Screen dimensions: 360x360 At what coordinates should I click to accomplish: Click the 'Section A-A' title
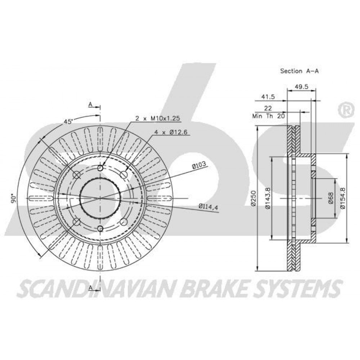[x=300, y=71]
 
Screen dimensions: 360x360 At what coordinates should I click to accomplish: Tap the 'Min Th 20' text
[x=269, y=116]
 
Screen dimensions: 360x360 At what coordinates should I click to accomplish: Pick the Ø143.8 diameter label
[x=268, y=198]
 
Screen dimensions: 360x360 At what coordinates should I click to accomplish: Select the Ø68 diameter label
[x=330, y=198]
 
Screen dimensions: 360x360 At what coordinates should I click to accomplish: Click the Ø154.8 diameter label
[x=343, y=198]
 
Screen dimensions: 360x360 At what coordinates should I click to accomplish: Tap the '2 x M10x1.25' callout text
[x=158, y=118]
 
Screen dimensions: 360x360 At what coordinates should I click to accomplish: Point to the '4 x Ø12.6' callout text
[x=171, y=132]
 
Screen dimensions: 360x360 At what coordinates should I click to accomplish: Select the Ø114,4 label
[x=208, y=207]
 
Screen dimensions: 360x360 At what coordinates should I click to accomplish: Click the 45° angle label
[x=68, y=122]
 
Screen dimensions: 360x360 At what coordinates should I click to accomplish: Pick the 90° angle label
[x=14, y=199]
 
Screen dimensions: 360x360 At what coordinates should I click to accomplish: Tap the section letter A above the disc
[x=90, y=105]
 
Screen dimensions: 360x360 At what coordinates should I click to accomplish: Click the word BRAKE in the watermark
[x=219, y=288]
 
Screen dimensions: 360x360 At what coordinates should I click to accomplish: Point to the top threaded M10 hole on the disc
[x=100, y=168]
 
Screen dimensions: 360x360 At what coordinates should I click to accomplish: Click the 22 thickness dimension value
[x=268, y=108]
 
